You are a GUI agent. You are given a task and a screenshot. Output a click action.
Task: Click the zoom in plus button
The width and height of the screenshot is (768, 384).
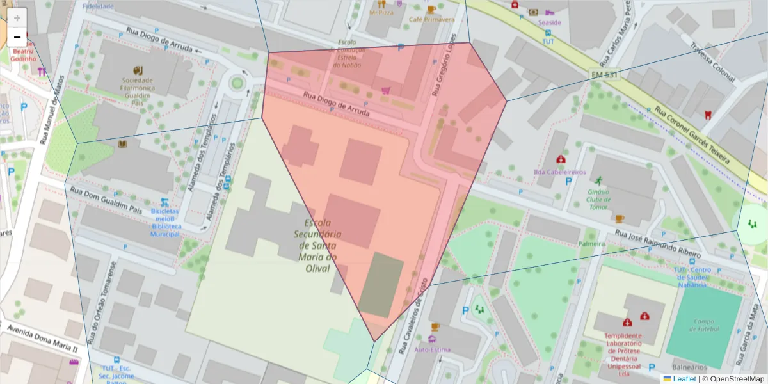[x=17, y=18]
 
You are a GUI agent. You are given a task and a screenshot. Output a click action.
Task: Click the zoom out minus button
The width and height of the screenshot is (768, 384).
[x=17, y=37]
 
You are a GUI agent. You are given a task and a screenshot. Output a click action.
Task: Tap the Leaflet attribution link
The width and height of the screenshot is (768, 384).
[x=684, y=379]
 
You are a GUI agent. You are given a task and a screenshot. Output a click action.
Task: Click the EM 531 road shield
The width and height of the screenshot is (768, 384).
[x=604, y=76]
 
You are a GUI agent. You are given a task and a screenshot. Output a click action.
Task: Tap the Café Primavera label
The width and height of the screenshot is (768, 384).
[x=432, y=19]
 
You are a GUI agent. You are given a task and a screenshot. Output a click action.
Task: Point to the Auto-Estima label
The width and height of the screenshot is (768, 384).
[x=433, y=349]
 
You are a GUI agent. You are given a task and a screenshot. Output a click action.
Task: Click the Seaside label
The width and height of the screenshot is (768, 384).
[x=549, y=22]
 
